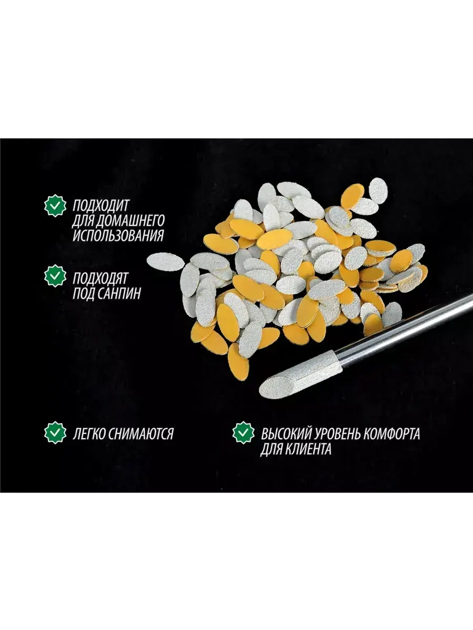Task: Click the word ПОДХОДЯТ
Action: coord(100,278)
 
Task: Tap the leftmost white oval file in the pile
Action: coord(165,262)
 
